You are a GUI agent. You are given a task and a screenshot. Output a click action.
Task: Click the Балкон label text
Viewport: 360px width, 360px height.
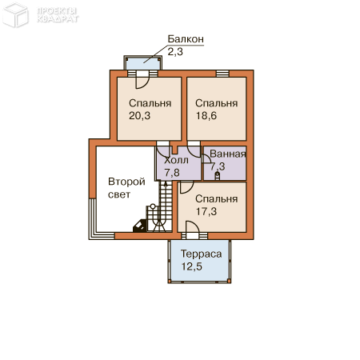tap(186, 39)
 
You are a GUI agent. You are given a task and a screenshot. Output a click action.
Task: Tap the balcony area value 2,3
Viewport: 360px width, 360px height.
tap(175, 51)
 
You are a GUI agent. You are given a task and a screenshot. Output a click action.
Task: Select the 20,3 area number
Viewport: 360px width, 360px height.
tap(140, 116)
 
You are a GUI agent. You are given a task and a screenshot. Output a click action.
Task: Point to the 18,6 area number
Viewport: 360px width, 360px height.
tap(206, 116)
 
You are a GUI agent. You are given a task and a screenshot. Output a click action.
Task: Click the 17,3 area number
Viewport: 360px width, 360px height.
tap(206, 211)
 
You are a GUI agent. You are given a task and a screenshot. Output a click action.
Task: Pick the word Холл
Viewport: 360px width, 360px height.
tap(176, 160)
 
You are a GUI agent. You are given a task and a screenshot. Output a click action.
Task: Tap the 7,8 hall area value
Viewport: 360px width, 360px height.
tap(172, 173)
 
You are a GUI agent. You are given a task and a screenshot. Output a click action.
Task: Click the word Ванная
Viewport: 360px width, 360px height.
tap(228, 154)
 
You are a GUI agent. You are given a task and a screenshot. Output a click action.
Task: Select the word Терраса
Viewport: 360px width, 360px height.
tap(202, 254)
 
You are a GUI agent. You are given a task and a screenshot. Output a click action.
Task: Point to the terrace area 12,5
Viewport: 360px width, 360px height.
tap(192, 266)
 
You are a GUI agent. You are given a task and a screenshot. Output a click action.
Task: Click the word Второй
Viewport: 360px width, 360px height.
tap(126, 182)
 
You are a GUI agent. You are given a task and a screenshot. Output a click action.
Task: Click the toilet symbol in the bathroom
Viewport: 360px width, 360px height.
tap(218, 175)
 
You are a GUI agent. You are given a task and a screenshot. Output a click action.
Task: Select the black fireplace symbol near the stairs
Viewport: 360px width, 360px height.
tap(140, 226)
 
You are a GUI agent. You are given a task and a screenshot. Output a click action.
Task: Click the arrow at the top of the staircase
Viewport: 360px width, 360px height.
tap(166, 185)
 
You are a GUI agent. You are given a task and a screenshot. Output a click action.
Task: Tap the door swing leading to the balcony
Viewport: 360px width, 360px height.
tap(142, 82)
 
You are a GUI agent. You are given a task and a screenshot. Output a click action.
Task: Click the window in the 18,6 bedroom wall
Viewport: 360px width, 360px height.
tap(222, 74)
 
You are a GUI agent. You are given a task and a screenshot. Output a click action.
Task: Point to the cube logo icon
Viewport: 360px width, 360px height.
tap(15, 15)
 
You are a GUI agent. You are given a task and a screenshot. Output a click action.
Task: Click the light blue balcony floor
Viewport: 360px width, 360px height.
tap(142, 63)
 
